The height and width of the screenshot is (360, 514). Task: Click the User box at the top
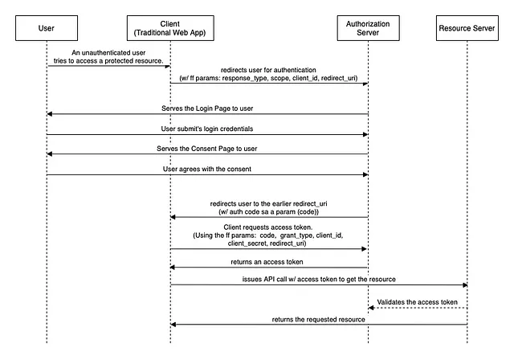click(x=47, y=28)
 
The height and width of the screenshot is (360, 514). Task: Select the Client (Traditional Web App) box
click(x=170, y=28)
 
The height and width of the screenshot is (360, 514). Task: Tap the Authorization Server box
click(x=368, y=28)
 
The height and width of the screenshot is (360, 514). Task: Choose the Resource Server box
click(x=467, y=28)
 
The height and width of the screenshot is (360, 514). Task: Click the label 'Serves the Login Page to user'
click(x=207, y=107)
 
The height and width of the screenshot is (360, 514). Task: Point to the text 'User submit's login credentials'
click(x=207, y=128)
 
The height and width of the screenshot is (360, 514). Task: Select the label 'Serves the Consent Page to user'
click(x=207, y=148)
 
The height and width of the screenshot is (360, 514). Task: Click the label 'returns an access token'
click(x=268, y=261)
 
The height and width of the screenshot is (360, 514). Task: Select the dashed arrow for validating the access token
click(x=418, y=308)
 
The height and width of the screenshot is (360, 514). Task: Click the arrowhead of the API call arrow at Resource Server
click(x=464, y=284)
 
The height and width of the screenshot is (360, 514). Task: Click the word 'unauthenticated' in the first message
click(x=99, y=52)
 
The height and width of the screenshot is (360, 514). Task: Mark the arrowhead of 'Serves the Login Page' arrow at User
click(x=51, y=113)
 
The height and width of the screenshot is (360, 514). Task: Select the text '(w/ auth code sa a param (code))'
click(x=268, y=211)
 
